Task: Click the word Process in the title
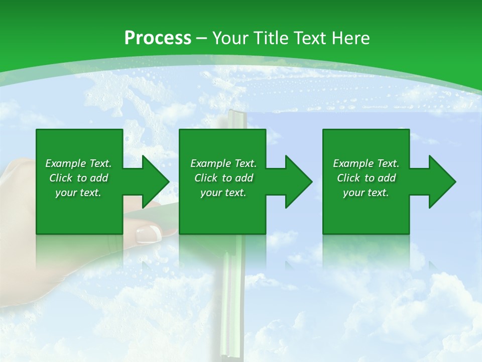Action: point(158,38)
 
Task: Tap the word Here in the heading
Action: point(349,38)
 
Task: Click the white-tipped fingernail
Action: point(149,233)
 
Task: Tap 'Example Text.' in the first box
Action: point(78,163)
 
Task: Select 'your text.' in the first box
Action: point(78,193)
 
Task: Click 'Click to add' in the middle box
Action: point(223,178)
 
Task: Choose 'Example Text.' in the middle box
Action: point(223,163)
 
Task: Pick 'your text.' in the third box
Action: point(366,193)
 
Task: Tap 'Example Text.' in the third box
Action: point(366,163)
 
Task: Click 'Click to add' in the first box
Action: point(78,178)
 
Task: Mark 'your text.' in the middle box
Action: point(223,193)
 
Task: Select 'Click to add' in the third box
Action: point(366,178)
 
